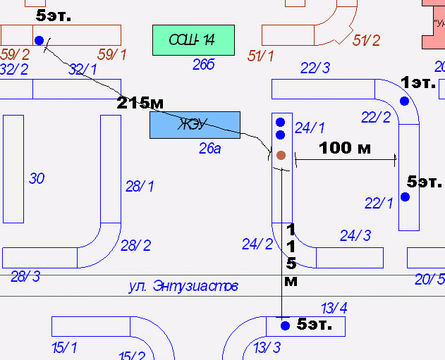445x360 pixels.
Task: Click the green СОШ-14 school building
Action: pos(193,40)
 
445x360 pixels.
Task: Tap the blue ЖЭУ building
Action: pos(195,125)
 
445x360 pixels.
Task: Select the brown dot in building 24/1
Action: pos(281,155)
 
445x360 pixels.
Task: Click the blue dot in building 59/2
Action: pos(39,40)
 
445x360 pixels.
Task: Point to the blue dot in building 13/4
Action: pos(285,325)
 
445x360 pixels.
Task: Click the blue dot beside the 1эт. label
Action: pos(404,101)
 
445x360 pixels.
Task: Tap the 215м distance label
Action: pos(144,103)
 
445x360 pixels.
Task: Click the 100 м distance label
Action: pos(345,148)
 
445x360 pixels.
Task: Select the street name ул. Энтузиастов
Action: pos(183,286)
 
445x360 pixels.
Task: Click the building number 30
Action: pos(37,179)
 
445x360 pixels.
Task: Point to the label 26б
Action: pos(203,66)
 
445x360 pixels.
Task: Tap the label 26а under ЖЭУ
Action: pos(210,149)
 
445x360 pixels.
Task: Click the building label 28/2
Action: pos(135,245)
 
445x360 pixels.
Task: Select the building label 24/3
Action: pos(355,235)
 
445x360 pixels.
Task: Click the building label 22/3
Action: pos(315,68)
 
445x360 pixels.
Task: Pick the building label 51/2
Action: pos(366,41)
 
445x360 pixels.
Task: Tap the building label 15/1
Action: pos(64,347)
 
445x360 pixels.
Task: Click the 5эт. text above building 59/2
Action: pos(54,15)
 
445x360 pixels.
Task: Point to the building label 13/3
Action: pos(267,347)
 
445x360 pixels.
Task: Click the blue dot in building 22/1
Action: pos(406,197)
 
